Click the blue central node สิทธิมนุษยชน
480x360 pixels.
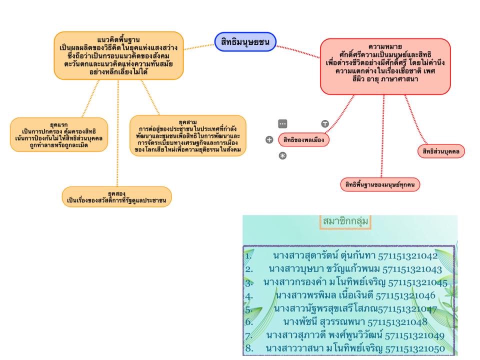[245, 42]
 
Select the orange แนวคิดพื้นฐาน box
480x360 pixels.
[118, 55]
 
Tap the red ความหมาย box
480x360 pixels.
[385, 66]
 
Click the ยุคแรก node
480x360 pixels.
[59, 134]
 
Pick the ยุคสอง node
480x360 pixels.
[116, 196]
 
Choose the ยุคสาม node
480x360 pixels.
[187, 136]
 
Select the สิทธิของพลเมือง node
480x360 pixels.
[303, 140]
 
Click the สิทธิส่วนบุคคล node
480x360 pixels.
[441, 151]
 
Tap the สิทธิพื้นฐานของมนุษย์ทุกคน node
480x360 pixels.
[380, 184]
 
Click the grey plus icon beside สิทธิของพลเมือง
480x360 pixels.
[269, 140]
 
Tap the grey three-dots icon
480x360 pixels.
[282, 123]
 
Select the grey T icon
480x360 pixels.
[324, 123]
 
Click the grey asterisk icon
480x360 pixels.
[282, 156]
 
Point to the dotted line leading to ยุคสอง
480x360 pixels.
[117, 140]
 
